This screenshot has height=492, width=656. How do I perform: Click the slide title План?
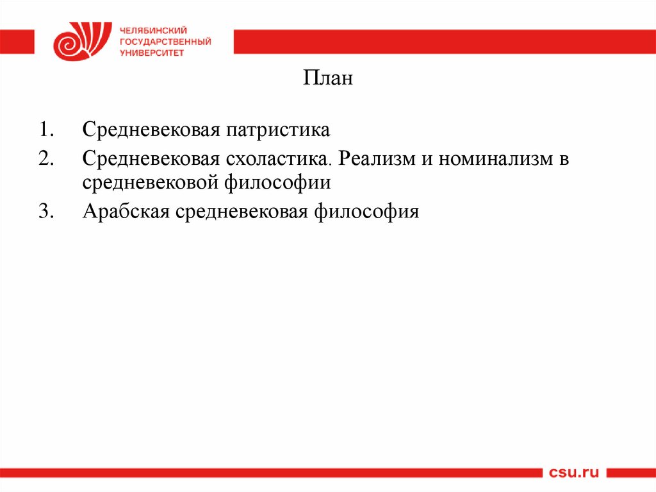click(327, 80)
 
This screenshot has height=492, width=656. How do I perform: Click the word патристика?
click(277, 131)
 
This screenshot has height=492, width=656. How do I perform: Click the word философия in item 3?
click(366, 211)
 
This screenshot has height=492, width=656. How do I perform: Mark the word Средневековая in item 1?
click(151, 131)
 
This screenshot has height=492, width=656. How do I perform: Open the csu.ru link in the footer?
click(573, 473)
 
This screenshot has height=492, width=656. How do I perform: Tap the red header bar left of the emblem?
click(17, 42)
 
